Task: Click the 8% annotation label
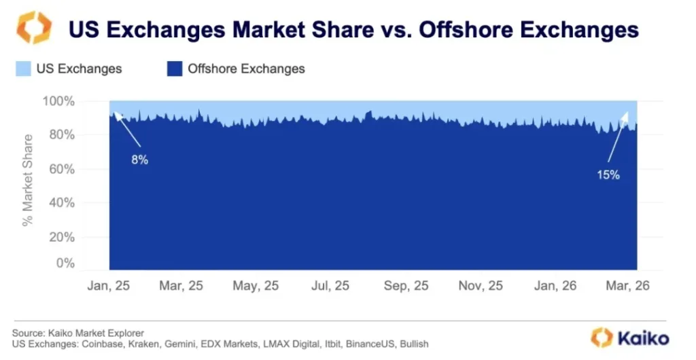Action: [140, 160]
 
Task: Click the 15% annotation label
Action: [608, 175]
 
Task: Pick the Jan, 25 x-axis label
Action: [109, 286]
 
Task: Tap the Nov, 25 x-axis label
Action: [481, 286]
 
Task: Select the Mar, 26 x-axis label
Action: [629, 286]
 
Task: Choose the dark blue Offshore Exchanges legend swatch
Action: [175, 69]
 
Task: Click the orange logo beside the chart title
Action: [33, 28]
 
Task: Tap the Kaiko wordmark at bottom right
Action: [643, 338]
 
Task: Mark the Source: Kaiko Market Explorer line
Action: [77, 333]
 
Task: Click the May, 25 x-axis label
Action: [256, 286]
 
